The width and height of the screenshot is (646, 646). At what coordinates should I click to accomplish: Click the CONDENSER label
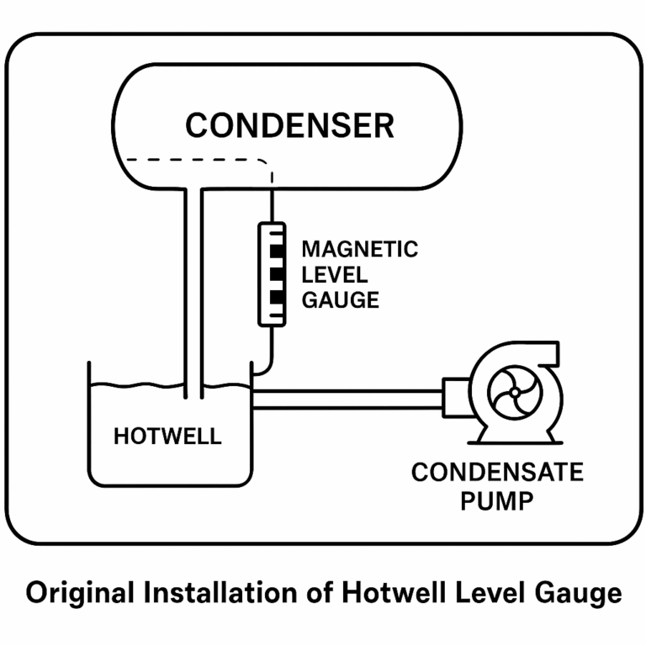[x=289, y=126]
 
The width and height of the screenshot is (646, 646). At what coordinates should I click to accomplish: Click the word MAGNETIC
[x=359, y=250]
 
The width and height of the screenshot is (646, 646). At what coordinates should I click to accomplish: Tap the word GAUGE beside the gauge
[x=340, y=300]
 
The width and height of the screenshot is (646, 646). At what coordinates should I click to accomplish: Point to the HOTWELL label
[x=167, y=437]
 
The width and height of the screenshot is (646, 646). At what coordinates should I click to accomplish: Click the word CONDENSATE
[x=496, y=473]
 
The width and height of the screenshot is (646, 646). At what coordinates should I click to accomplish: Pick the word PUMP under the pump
[x=496, y=502]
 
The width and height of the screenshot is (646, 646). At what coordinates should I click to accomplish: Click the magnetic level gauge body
[x=271, y=273]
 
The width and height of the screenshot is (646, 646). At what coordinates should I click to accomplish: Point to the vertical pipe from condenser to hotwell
[x=193, y=286]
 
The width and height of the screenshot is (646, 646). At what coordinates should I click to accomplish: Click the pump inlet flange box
[x=454, y=397]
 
